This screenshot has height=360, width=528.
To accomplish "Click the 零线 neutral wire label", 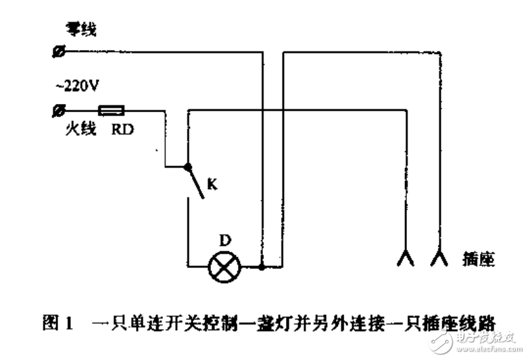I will click(79, 28).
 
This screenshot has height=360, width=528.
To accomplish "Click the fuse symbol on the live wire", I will click(111, 109).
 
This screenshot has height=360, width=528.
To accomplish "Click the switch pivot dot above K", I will click(188, 166).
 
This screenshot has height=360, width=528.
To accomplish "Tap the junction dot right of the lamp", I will click(262, 267).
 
